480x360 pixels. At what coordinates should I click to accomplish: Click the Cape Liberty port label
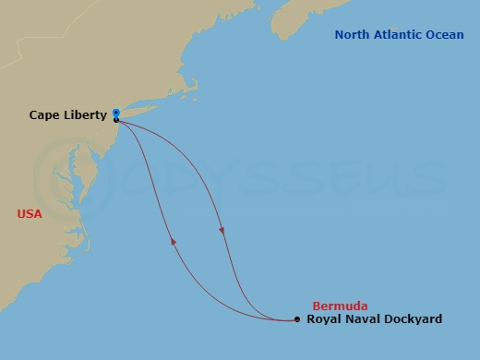(x=67, y=115)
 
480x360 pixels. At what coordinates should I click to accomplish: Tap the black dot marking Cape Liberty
(x=115, y=120)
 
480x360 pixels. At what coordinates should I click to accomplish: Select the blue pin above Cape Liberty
(x=115, y=114)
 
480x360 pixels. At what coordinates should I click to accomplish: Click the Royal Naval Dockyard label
(x=374, y=319)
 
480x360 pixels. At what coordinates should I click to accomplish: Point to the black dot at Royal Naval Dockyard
(x=296, y=319)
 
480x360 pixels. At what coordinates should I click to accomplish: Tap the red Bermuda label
(x=340, y=306)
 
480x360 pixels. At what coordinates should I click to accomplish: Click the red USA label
(x=30, y=214)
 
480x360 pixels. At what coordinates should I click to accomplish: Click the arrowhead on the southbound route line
(x=222, y=230)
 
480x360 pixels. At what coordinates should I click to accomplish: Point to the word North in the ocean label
(x=352, y=35)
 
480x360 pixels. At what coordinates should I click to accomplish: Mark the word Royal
(x=323, y=319)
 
